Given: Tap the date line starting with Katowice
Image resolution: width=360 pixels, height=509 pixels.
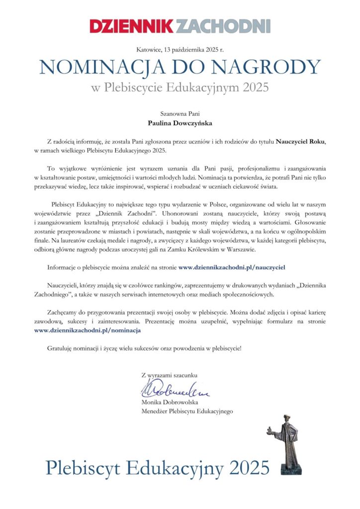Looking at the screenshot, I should [x=180, y=49].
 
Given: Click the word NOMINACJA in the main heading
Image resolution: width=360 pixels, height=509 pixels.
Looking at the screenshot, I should [x=95, y=67].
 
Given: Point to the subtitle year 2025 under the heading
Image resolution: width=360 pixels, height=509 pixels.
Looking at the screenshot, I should [x=255, y=88].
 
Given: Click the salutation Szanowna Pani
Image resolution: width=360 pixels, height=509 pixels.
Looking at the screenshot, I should [x=180, y=114].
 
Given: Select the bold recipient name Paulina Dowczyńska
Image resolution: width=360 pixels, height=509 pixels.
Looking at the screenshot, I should [x=180, y=123].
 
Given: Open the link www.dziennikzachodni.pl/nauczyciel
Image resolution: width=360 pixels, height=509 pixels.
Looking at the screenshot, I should [x=231, y=267].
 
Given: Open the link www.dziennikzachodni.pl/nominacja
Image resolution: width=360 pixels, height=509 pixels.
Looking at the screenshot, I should [x=88, y=330].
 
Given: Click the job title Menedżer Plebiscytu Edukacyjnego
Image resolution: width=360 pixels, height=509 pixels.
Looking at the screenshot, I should [x=187, y=411].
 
